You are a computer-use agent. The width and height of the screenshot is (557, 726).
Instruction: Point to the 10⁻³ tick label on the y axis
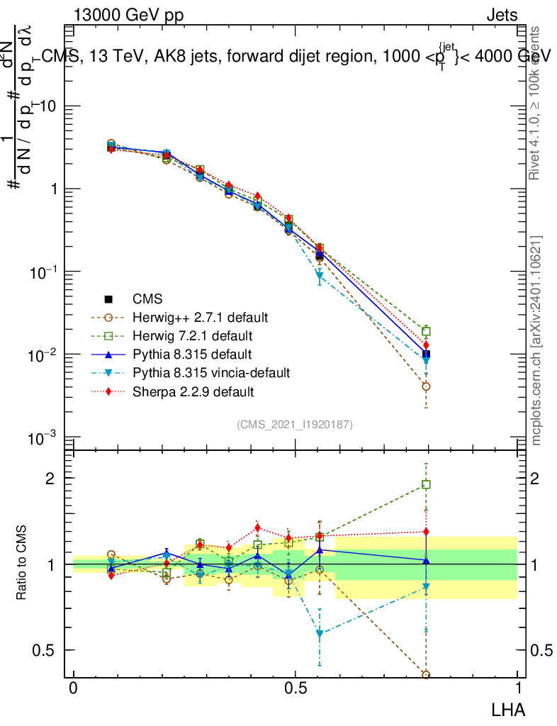click(x=44, y=438)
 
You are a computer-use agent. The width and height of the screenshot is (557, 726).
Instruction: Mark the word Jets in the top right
click(x=502, y=16)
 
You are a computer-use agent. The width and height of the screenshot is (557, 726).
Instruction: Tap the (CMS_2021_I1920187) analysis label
click(x=295, y=424)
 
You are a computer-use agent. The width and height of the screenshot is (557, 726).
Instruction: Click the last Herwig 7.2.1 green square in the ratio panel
click(x=426, y=485)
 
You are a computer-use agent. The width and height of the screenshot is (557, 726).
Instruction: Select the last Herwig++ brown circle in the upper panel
click(x=426, y=386)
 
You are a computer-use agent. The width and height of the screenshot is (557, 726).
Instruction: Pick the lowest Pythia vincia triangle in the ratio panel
click(x=320, y=634)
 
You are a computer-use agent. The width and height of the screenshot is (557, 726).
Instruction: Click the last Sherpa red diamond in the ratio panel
click(x=426, y=532)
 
